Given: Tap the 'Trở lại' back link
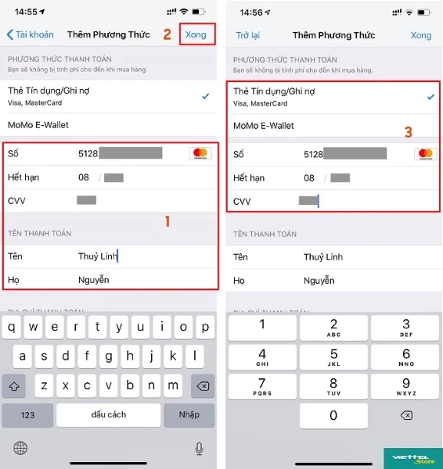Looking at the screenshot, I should (247, 35).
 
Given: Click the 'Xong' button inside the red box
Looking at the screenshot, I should (196, 34).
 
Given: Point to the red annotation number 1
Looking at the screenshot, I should (167, 221).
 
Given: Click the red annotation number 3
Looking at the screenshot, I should (408, 132).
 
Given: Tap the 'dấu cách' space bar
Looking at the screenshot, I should (108, 414).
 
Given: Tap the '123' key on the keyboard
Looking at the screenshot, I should (27, 414).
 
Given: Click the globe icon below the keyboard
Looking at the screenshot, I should (20, 447).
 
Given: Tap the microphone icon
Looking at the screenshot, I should (199, 447).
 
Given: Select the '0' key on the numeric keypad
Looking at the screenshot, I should (333, 416).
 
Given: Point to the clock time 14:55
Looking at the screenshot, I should (27, 13).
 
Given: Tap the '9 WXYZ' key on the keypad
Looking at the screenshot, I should (405, 386).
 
